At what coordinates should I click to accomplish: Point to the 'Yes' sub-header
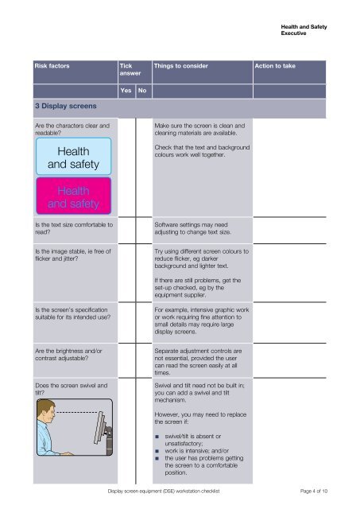tap(125, 91)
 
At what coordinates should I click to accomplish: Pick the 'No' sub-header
tap(141, 91)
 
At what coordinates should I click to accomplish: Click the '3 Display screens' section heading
tap(65, 107)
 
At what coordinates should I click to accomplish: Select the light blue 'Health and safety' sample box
tap(73, 157)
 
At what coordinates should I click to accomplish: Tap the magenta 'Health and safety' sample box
tap(73, 196)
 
